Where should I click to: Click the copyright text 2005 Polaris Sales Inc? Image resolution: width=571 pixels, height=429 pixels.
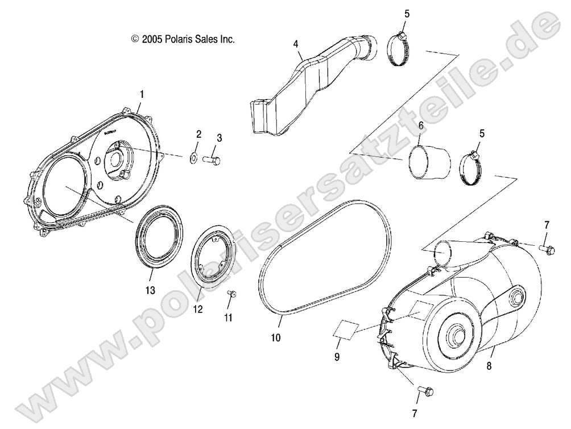click(183, 39)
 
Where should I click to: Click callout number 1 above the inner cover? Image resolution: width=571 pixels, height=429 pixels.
click(142, 93)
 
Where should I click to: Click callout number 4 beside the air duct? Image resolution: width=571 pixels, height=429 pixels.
click(296, 43)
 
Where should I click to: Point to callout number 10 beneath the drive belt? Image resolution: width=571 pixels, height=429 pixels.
click(275, 337)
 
